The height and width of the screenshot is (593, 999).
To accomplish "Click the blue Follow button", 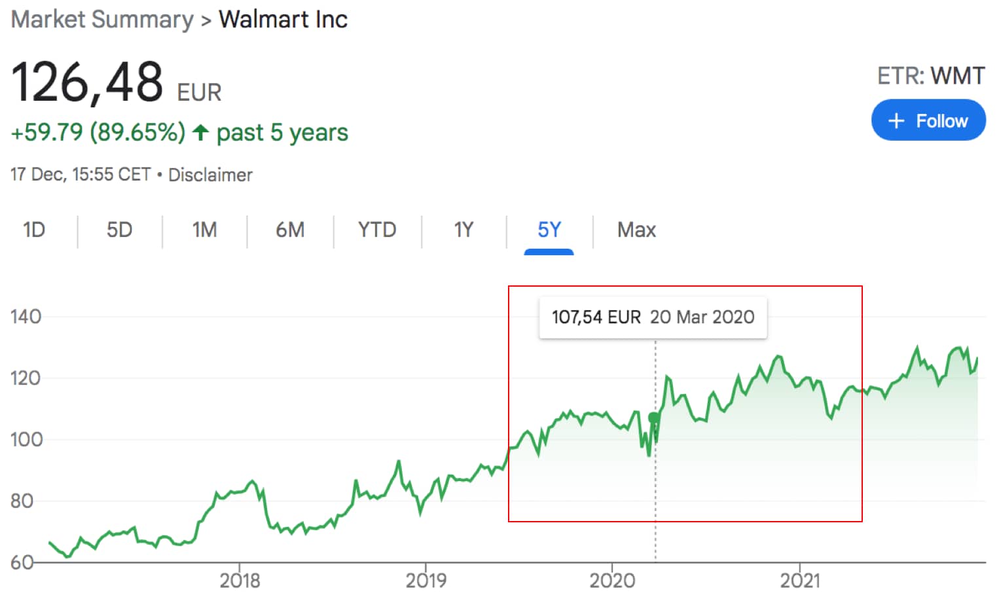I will [x=928, y=120].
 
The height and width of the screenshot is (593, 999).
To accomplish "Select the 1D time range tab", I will [x=34, y=230].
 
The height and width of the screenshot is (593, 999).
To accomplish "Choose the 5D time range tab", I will [x=119, y=230].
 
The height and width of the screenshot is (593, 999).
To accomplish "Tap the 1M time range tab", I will [x=204, y=230].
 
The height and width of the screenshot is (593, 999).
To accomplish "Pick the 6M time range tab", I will [x=290, y=230].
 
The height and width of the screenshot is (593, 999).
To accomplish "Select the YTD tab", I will [x=377, y=230].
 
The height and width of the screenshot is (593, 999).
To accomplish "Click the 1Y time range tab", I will [x=463, y=230].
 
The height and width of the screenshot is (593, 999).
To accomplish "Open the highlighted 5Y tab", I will [x=549, y=230].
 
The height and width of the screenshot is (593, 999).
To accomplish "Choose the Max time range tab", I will [x=636, y=230].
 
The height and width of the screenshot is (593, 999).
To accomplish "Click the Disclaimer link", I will [x=210, y=175].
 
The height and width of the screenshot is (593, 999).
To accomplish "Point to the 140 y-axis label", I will [x=26, y=317].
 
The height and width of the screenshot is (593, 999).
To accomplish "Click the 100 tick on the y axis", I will [x=26, y=439].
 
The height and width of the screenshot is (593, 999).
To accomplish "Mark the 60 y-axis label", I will [x=22, y=562].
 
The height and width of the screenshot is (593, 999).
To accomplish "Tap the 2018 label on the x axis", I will [x=240, y=580].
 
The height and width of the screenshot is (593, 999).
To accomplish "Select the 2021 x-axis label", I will [x=799, y=580].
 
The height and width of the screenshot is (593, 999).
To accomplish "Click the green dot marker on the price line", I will [x=653, y=418].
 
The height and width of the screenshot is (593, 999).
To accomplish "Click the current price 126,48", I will [x=87, y=82].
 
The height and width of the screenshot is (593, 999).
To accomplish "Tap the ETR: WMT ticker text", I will [x=930, y=76].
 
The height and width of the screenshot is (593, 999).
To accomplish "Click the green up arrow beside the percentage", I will [x=201, y=133].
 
